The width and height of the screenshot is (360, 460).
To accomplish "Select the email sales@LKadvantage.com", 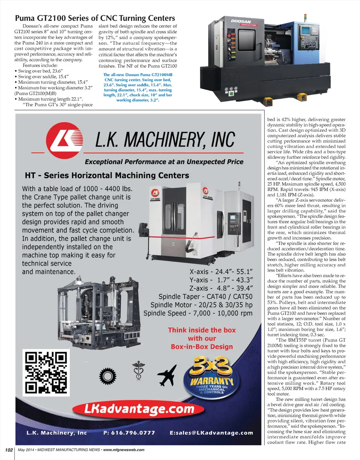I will [x=211, y=433].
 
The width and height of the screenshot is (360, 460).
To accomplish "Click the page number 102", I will [x=9, y=450].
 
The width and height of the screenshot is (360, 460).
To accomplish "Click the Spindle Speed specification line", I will [x=198, y=313].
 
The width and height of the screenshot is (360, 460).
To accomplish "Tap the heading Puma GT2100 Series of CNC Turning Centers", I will [x=94, y=18].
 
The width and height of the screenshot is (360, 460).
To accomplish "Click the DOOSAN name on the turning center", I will [x=241, y=21].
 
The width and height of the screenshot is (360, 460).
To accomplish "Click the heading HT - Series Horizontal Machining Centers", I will [x=107, y=175].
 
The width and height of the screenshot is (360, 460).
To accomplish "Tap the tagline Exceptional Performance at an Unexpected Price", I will [x=163, y=162].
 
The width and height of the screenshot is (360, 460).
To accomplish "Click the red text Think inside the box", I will [x=202, y=330].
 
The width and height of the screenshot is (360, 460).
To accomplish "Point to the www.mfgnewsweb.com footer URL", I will [x=124, y=450].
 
